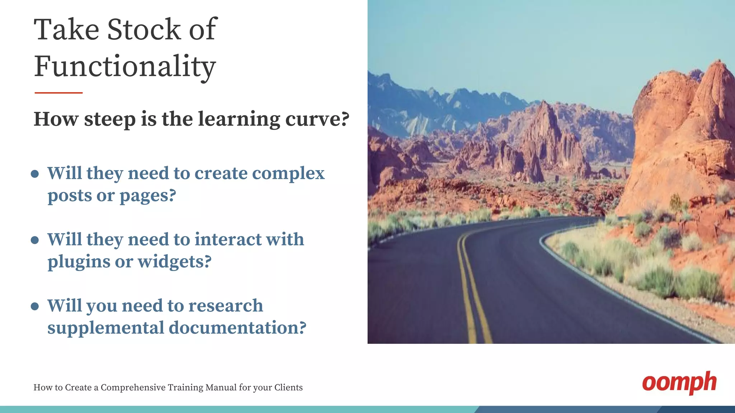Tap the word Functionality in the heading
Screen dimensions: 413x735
tap(125, 67)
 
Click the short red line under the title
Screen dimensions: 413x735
tap(58, 93)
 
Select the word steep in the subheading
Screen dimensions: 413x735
tap(110, 119)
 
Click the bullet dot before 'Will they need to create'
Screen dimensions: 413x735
tap(35, 174)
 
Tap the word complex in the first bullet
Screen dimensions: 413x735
tap(288, 174)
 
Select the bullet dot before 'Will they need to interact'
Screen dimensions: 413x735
tap(35, 240)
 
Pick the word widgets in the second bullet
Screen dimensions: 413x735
tap(174, 262)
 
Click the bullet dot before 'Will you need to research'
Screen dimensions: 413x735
tap(35, 306)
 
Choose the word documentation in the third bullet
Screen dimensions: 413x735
tap(237, 328)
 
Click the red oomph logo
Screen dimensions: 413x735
tap(679, 383)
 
